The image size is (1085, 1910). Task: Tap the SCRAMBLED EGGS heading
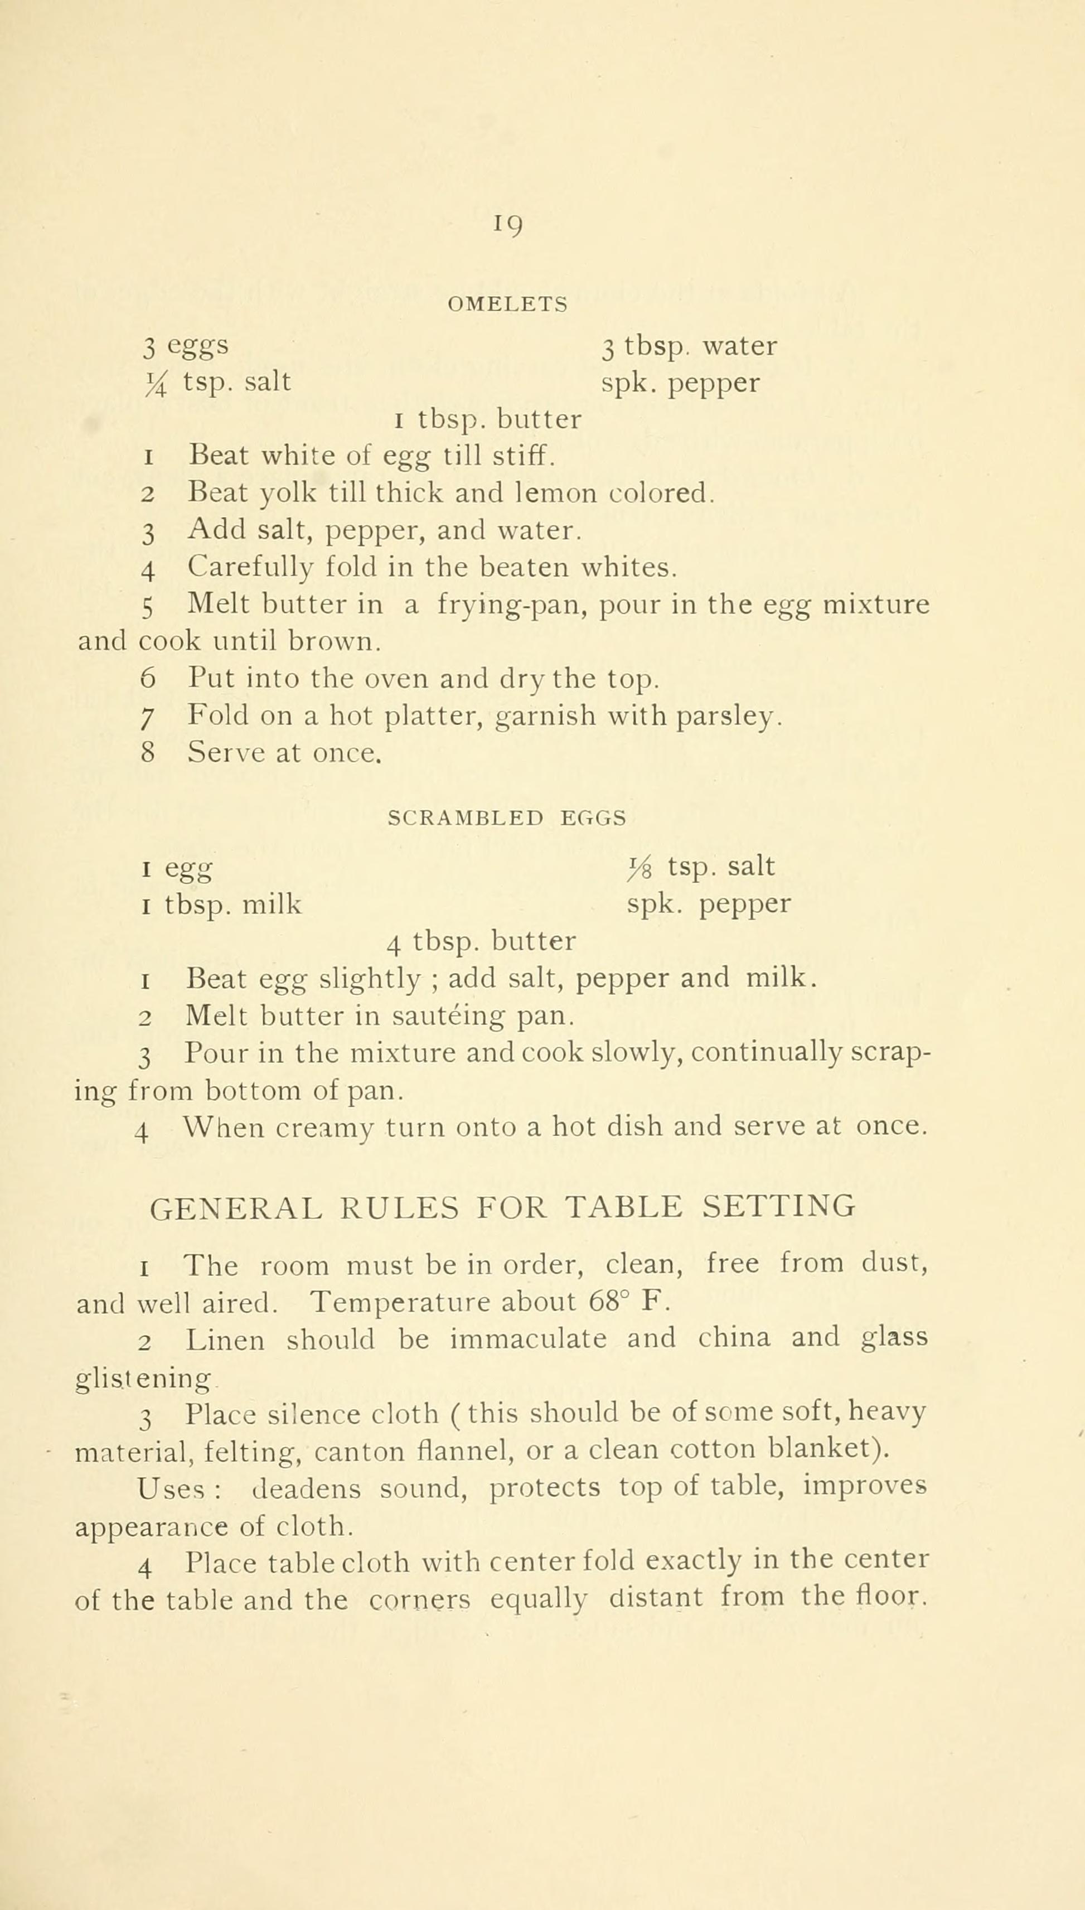click(507, 818)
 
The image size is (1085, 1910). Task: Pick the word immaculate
click(527, 1339)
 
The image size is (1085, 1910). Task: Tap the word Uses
click(171, 1487)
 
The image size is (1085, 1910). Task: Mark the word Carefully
click(250, 569)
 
